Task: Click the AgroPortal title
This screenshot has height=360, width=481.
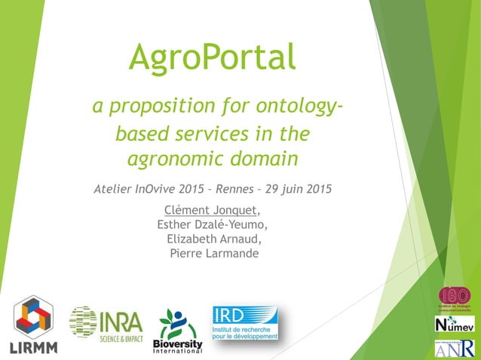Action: tap(212, 57)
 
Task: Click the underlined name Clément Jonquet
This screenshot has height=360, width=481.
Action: tap(210, 209)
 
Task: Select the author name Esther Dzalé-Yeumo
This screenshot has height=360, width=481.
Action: tap(212, 224)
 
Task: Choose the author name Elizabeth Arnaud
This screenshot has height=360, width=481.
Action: tap(214, 239)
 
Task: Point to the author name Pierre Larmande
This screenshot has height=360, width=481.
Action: tap(214, 253)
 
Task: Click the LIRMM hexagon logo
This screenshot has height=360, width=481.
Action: tap(33, 322)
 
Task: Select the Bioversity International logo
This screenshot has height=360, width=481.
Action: tap(178, 330)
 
